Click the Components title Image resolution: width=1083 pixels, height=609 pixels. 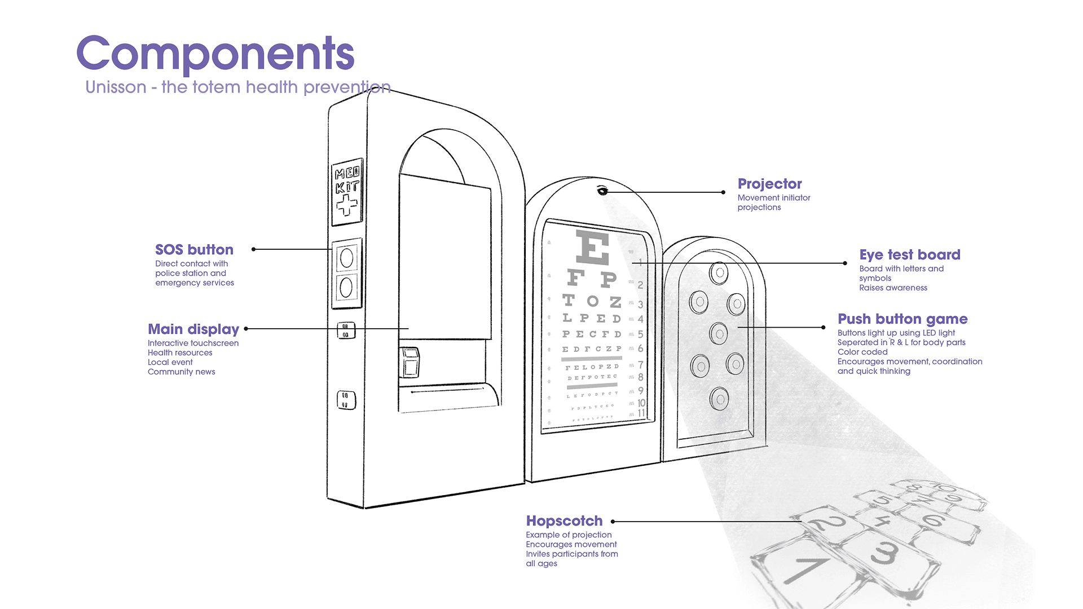pyautogui.click(x=215, y=54)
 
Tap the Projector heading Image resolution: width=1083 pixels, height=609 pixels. pyautogui.click(x=769, y=184)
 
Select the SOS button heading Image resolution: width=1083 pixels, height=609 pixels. pyautogui.click(x=194, y=250)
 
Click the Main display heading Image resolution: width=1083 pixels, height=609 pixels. pyautogui.click(x=193, y=329)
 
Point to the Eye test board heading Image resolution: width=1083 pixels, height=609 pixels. pyautogui.click(x=909, y=255)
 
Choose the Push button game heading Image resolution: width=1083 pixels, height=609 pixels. pyautogui.click(x=902, y=319)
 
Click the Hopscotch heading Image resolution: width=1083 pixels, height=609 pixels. pyautogui.click(x=564, y=521)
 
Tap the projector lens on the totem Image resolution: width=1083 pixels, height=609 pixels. pyautogui.click(x=602, y=191)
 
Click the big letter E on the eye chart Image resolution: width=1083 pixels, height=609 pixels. pyautogui.click(x=592, y=248)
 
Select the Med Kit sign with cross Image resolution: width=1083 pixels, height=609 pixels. pyautogui.click(x=346, y=191)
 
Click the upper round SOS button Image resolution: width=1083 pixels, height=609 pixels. pyautogui.click(x=346, y=258)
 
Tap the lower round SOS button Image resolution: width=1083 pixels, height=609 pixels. pyautogui.click(x=346, y=287)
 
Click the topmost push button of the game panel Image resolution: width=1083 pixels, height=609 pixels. pyautogui.click(x=719, y=273)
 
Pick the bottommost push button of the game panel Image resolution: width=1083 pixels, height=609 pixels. pyautogui.click(x=719, y=399)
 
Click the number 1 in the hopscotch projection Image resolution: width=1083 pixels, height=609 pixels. pyautogui.click(x=805, y=568)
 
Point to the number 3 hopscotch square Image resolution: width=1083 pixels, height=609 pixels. pyautogui.click(x=884, y=553)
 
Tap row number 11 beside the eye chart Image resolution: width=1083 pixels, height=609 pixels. pyautogui.click(x=641, y=413)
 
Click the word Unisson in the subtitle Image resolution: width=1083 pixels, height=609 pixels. pyautogui.click(x=116, y=87)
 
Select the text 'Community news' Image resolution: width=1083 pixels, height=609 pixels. pyautogui.click(x=181, y=372)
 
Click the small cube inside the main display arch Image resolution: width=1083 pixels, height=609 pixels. pyautogui.click(x=410, y=363)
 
